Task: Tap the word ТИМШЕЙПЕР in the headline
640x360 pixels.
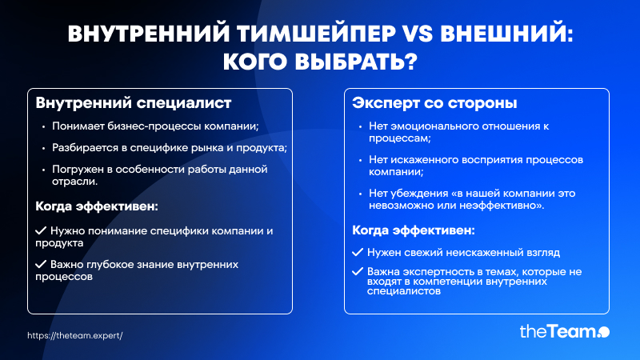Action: tap(316, 34)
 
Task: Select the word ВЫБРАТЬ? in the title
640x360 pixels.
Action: tap(356, 62)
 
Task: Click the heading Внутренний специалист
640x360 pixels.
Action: tap(134, 103)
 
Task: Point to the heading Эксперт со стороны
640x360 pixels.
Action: tap(434, 103)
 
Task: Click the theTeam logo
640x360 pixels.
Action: tap(565, 331)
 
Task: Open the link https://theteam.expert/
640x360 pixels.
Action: tap(75, 335)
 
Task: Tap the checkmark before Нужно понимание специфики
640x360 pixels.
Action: tap(41, 230)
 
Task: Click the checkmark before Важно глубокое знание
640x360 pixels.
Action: tap(41, 264)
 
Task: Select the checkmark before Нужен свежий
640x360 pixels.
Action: tap(358, 252)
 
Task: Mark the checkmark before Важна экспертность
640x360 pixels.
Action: tap(358, 271)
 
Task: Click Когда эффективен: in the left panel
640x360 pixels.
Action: tap(97, 206)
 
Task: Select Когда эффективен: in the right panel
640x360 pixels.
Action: tap(414, 230)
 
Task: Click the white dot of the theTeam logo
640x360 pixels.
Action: tap(604, 332)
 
